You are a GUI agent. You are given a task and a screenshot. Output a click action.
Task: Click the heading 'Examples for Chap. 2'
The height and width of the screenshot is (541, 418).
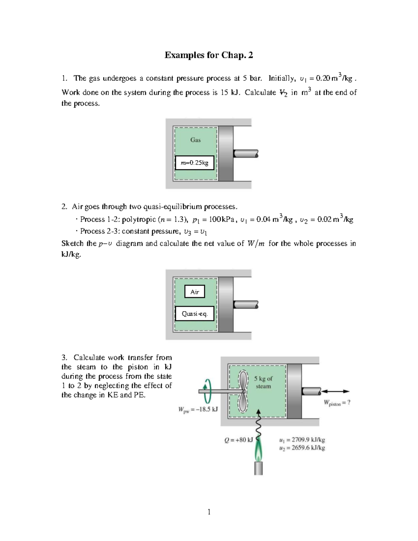click(209, 55)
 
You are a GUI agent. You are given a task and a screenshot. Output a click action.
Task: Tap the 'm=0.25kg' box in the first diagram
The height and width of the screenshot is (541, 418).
click(194, 163)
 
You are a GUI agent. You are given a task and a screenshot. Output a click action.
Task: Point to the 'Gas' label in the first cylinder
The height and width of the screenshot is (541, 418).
click(195, 140)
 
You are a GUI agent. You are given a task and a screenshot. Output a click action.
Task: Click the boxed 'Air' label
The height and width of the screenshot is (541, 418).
click(195, 292)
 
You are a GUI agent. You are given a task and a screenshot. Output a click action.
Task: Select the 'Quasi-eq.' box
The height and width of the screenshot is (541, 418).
click(194, 314)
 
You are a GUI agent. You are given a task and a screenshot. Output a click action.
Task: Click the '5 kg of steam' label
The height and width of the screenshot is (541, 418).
click(263, 382)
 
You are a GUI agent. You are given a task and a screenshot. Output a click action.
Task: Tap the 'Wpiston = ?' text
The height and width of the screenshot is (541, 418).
click(337, 403)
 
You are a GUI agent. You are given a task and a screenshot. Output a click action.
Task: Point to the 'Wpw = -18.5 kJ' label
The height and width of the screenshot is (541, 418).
click(198, 409)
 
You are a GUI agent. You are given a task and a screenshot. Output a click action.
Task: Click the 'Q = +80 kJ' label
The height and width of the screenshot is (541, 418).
click(239, 440)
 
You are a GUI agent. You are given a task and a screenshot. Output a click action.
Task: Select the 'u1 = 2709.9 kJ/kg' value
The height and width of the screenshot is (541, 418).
click(302, 440)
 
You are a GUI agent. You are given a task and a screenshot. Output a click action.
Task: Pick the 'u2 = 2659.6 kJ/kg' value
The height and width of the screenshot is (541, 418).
click(302, 448)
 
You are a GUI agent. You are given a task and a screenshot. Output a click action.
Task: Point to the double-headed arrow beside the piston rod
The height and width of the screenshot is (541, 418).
click(336, 391)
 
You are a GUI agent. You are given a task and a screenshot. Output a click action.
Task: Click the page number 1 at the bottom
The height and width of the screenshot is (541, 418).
click(209, 512)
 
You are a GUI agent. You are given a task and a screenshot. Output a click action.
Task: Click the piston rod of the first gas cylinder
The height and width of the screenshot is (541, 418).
click(246, 153)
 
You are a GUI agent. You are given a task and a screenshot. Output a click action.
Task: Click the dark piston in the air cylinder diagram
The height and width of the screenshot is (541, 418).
click(226, 304)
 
